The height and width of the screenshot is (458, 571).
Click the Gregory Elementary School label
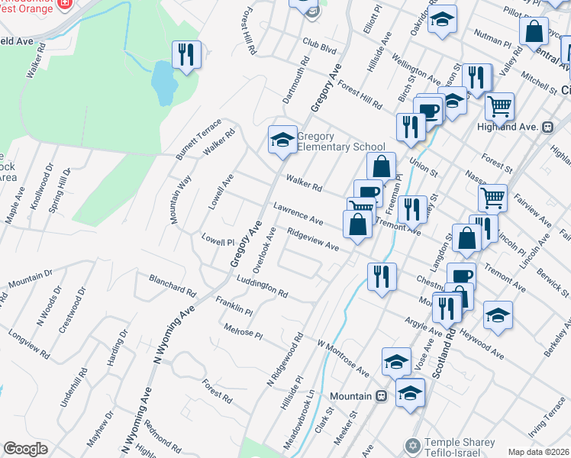click(x=340, y=141)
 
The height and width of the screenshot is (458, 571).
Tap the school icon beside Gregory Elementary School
click(x=282, y=140)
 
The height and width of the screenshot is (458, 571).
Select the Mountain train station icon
click(x=381, y=395)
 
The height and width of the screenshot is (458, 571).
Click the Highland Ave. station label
click(x=518, y=126)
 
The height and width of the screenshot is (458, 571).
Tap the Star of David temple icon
click(x=411, y=444)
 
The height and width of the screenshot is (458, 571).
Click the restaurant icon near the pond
click(x=186, y=54)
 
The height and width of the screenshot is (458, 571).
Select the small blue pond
click(x=162, y=82)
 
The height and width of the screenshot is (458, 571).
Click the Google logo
click(x=25, y=448)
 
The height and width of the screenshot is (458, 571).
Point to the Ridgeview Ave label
click(x=313, y=239)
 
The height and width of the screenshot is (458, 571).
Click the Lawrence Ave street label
click(x=299, y=214)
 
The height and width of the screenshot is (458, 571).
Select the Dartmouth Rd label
click(x=295, y=79)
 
